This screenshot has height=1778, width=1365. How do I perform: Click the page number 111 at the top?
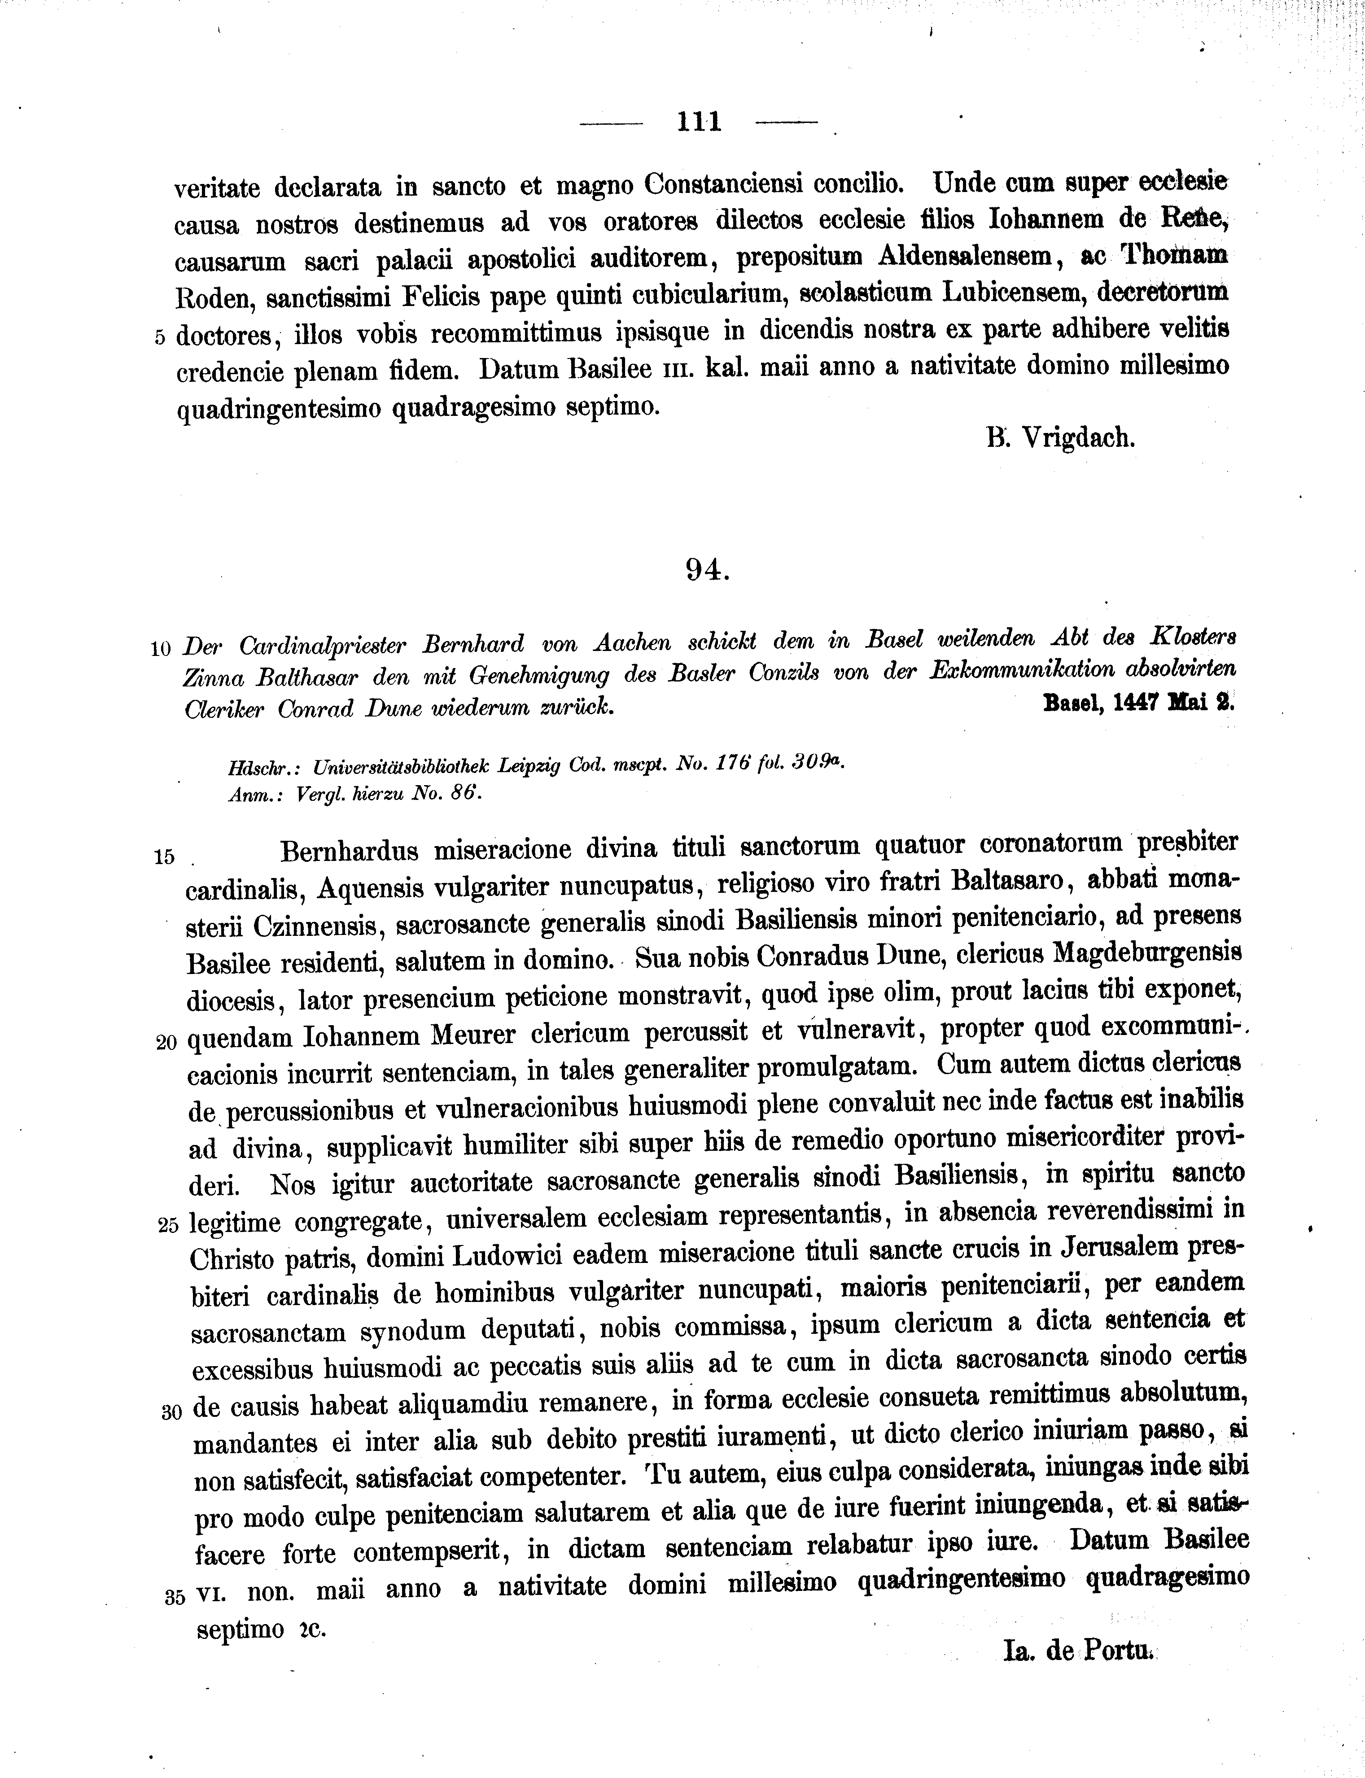[699, 122]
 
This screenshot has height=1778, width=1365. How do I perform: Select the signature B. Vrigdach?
[1060, 439]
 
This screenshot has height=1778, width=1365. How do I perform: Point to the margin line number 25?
[168, 1226]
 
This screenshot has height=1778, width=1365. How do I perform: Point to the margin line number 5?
[160, 337]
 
